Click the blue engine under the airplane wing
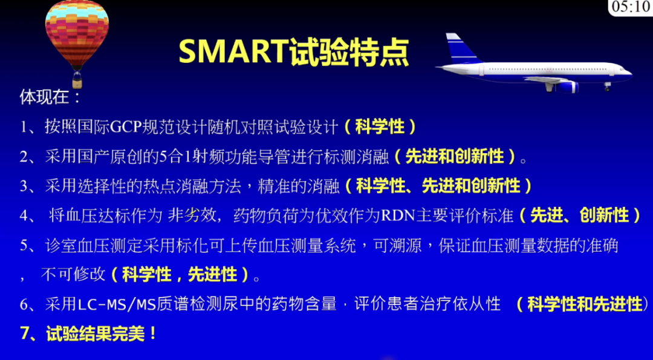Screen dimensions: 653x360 (x=567, y=87)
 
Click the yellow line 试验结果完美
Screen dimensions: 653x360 (x=96, y=334)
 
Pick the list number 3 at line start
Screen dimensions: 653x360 (x=24, y=186)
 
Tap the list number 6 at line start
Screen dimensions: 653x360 (x=24, y=304)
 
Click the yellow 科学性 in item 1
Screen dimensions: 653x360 (x=380, y=126)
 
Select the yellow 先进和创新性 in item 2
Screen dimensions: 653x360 (x=455, y=156)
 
